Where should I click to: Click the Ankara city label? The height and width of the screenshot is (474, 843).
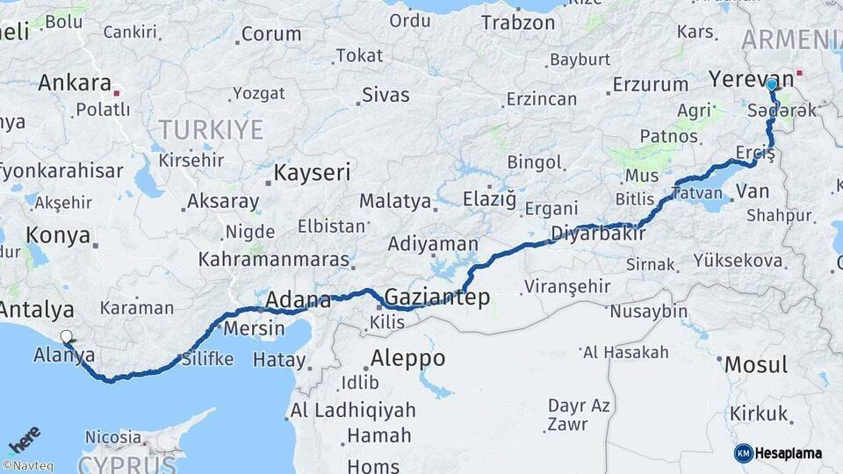74,84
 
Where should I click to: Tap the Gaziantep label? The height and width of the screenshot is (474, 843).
437,297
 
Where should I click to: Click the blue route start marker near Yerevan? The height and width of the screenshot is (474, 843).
771,85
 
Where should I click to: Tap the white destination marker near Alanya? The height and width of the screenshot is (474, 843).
67,336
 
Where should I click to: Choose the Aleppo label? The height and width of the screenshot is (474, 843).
407,358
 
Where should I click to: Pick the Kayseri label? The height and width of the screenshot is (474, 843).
312,172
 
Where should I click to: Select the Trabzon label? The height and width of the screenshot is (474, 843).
518,23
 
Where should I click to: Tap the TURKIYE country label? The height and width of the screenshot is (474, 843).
211,130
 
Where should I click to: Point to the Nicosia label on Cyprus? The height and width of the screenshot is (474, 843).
112,436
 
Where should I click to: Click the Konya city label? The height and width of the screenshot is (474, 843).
58,235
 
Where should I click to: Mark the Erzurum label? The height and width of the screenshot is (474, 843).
650,84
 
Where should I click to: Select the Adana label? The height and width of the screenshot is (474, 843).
298,300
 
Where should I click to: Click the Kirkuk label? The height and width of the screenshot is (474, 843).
759,413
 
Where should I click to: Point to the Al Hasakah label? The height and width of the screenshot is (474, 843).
624,352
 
